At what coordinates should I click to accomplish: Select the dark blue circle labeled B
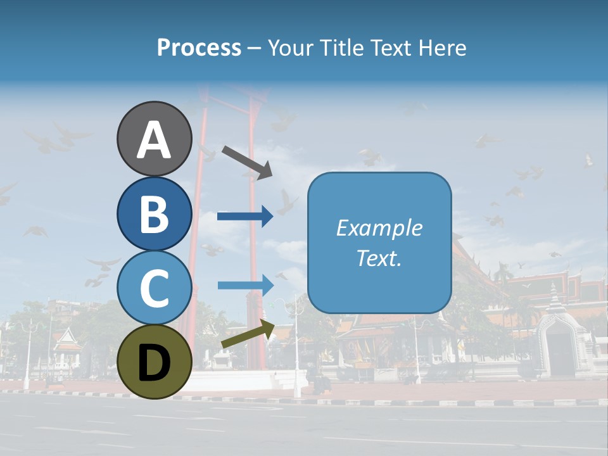154,214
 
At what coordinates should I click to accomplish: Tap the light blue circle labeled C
154,288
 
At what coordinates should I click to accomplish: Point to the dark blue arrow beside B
245,217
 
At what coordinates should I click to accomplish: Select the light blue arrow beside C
245,285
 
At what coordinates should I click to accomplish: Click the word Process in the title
199,48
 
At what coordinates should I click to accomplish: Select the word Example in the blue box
379,228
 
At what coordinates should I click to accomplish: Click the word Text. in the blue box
379,258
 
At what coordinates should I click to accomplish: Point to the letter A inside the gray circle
154,141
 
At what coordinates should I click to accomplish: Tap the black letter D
154,363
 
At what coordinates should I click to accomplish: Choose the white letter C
154,288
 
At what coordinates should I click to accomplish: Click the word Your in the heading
292,48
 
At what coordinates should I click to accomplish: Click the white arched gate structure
565,342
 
